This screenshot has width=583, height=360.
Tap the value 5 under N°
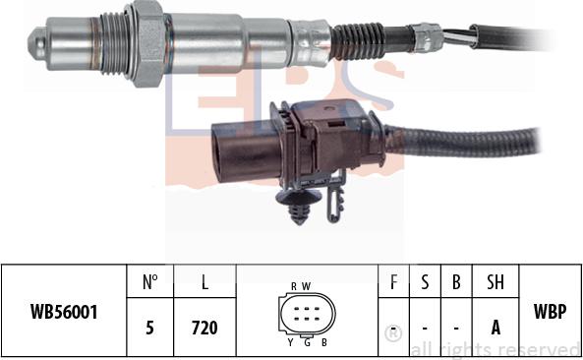tap(150, 328)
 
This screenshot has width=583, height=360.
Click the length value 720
tap(204, 328)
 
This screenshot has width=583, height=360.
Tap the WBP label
tap(550, 310)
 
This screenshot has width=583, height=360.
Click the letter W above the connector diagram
tap(307, 286)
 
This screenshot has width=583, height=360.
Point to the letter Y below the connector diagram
tap(290, 343)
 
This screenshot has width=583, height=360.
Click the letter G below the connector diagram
tap(307, 343)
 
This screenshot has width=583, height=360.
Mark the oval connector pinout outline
tap(308, 315)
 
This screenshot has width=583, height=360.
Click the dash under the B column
tap(456, 328)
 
